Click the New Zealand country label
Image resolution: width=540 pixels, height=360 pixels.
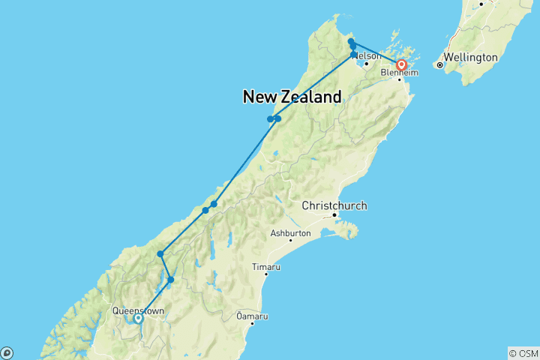click(x=292, y=97)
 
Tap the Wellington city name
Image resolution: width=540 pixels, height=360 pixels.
click(x=470, y=57)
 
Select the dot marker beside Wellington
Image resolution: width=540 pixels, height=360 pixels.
click(x=440, y=65)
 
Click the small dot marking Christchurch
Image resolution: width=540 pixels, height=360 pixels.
click(x=334, y=216)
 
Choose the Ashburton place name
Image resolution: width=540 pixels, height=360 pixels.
click(x=289, y=234)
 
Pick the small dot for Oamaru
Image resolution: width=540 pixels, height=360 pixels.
click(x=253, y=323)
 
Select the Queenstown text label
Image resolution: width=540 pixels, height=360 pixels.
click(x=137, y=310)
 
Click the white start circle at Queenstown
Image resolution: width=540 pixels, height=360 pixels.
click(x=138, y=319)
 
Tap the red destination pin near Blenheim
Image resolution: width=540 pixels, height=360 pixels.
click(x=401, y=64)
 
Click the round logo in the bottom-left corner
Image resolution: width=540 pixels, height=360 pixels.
click(x=7, y=352)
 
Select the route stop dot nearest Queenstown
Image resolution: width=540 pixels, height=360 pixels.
click(x=171, y=280)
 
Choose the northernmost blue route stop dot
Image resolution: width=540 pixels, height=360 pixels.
click(x=351, y=41)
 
